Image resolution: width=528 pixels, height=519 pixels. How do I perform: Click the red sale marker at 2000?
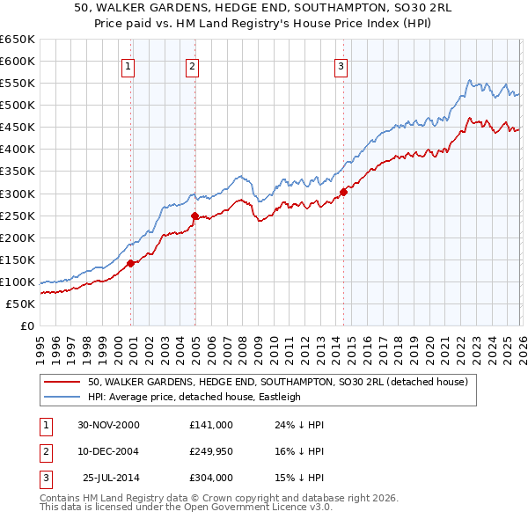(x=131, y=263)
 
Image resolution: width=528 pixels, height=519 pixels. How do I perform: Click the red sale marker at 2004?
(x=194, y=215)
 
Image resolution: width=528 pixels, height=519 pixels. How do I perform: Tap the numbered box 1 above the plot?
(x=128, y=65)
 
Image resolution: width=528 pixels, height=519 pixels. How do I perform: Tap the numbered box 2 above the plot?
(x=192, y=65)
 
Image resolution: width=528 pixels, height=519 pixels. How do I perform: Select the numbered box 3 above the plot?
(x=341, y=65)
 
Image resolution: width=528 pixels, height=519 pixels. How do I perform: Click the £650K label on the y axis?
(x=18, y=40)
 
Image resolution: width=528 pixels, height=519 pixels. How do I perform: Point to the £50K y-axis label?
(x=21, y=303)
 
